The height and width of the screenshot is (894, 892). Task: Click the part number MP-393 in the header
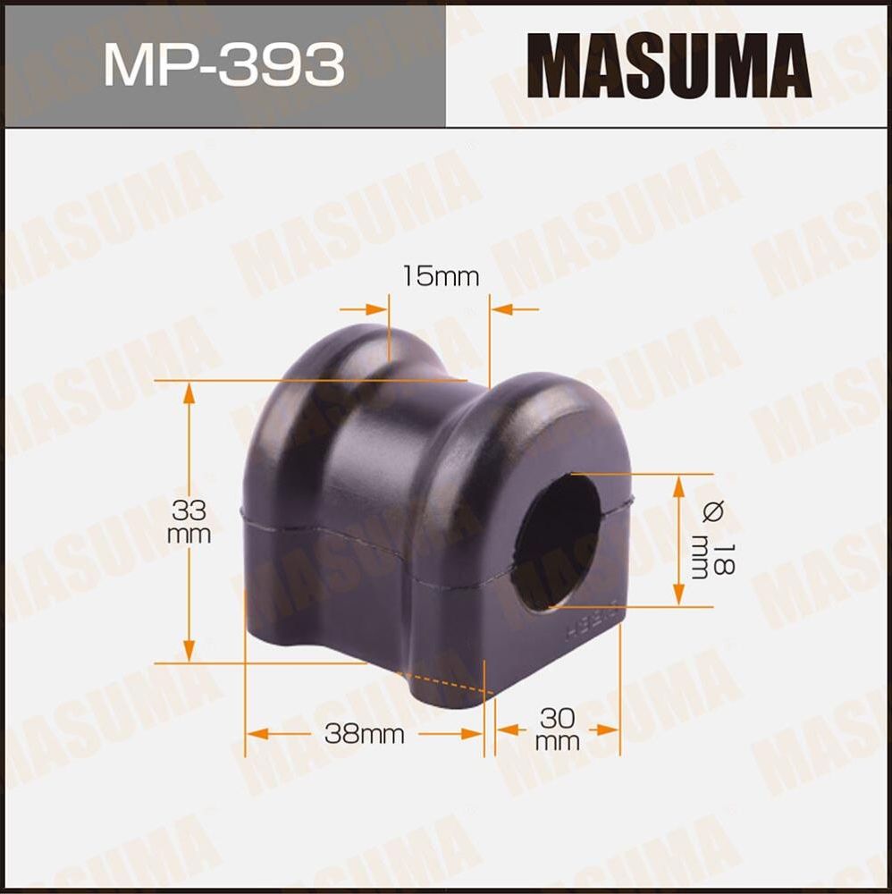pos(223,65)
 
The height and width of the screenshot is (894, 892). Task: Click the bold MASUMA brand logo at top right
pos(669,65)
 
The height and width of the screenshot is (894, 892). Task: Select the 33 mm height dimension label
pos(189,523)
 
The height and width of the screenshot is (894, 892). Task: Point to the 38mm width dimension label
pos(364,735)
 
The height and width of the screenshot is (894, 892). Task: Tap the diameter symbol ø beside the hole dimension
pos(712,512)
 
